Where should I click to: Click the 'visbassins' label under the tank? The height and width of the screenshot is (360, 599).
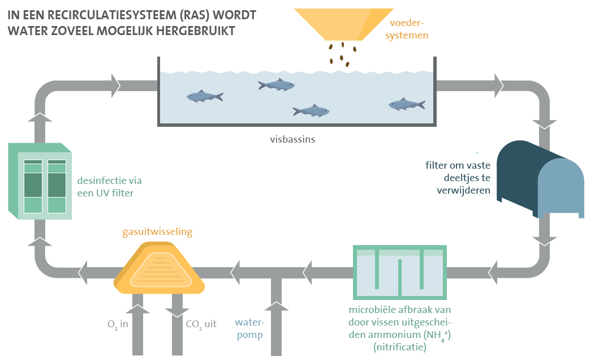click(292, 138)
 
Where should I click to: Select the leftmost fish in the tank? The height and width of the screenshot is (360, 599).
click(204, 97)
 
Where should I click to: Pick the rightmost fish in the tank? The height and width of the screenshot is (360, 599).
click(406, 104)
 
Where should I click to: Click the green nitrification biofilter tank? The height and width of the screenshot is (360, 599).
click(399, 272)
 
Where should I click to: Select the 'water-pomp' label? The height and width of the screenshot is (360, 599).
click(249, 329)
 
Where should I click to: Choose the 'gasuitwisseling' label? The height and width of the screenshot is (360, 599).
click(157, 232)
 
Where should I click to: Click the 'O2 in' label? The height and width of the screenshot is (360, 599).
click(118, 325)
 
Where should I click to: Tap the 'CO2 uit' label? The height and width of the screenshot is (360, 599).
click(201, 325)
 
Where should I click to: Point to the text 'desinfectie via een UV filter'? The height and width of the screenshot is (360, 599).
click(109, 187)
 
